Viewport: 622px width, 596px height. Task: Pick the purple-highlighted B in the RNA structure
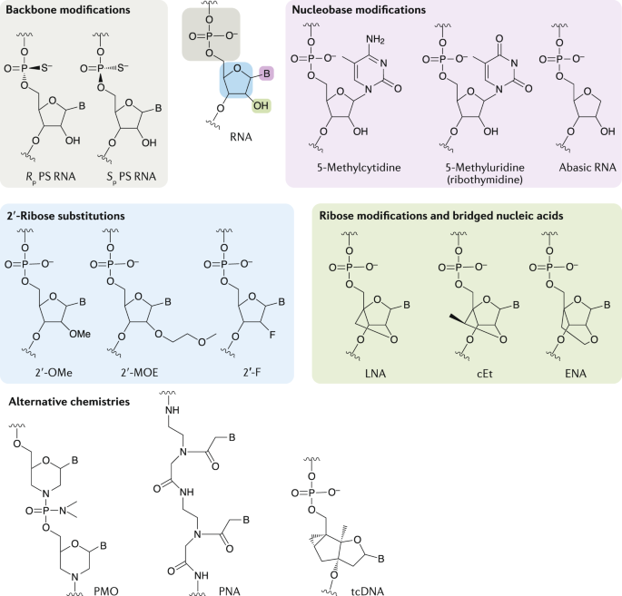click(x=267, y=73)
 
